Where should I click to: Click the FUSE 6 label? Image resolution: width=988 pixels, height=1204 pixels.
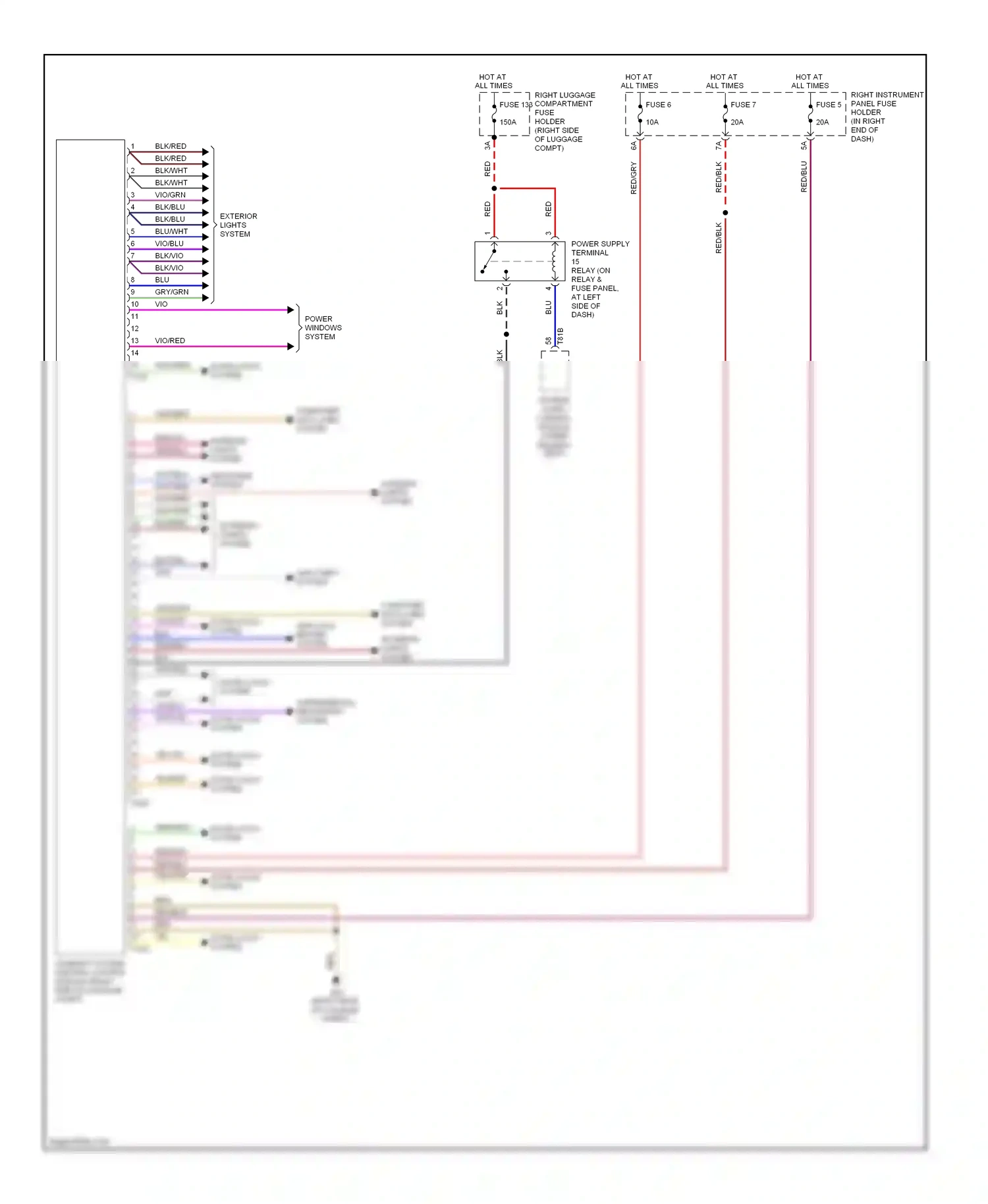pos(658,105)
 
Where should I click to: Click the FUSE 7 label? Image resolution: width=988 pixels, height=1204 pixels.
pos(743,105)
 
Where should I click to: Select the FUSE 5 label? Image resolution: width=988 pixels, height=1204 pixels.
pos(828,105)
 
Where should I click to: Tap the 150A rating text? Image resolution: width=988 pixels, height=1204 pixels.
pos(508,123)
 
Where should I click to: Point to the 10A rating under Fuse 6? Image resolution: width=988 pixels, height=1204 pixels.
pos(652,123)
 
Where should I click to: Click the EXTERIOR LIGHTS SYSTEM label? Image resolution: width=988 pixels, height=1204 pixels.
pos(238,225)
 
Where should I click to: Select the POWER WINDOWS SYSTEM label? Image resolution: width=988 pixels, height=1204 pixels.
pos(323,328)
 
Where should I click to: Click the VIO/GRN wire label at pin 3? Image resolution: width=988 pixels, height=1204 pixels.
pos(170,195)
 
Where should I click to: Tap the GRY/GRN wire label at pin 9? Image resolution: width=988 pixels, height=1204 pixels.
pos(171,292)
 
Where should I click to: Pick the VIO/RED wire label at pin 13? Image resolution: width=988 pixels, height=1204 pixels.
pos(170,341)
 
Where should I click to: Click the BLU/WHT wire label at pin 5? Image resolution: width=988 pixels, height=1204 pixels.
pos(171,231)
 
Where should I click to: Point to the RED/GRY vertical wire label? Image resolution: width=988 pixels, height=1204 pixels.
pos(634,178)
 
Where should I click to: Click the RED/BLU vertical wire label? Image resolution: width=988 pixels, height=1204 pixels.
pos(804,177)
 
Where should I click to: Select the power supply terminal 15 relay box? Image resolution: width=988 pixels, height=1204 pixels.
pos(520,261)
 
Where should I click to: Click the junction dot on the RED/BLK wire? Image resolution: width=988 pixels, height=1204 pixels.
pos(725,213)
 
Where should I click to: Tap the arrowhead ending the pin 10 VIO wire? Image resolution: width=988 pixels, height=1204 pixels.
pos(290,310)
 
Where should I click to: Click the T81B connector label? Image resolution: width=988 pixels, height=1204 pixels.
pos(561,336)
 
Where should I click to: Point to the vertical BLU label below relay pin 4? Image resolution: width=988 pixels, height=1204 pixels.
pos(548,307)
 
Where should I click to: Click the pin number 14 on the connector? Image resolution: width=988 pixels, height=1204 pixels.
pos(134,353)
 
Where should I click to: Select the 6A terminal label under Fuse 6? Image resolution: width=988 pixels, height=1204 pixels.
pos(634,146)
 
